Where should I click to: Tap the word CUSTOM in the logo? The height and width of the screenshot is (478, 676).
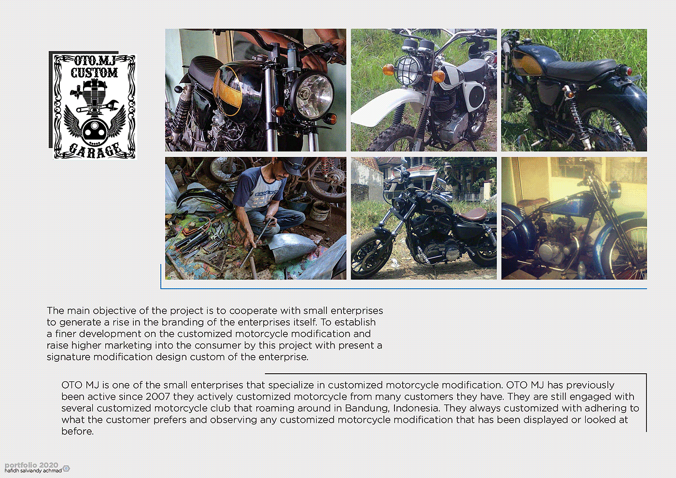pos(94,72)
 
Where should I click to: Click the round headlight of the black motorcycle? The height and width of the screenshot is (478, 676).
pos(313,96)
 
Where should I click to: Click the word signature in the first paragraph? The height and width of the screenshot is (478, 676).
pos(69,357)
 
